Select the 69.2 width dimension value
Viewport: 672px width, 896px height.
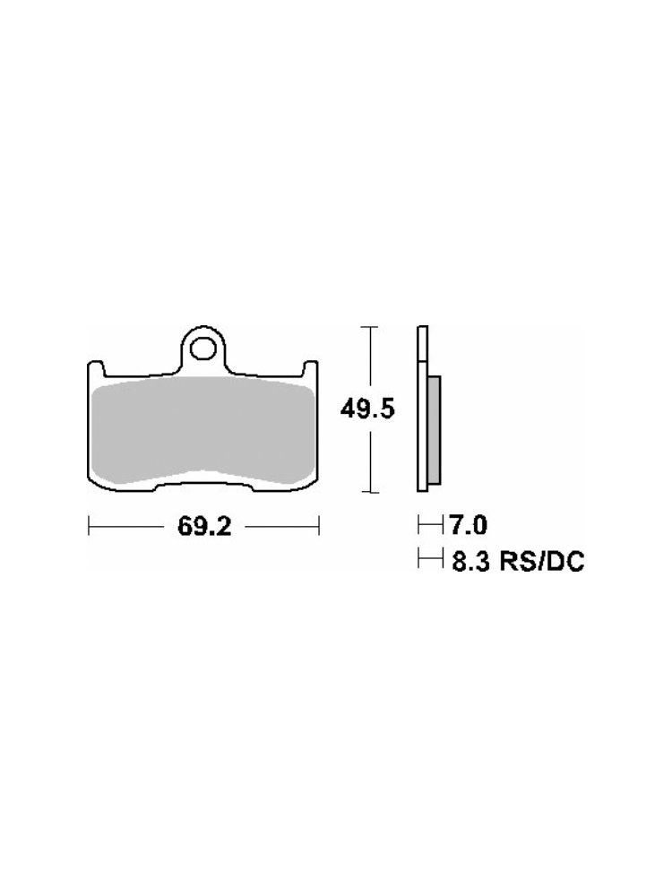204,527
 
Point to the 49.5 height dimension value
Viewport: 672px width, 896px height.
367,409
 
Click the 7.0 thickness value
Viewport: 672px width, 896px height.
469,524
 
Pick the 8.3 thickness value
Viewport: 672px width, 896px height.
471,562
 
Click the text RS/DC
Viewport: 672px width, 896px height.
542,562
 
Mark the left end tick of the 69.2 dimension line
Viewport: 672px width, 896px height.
89,526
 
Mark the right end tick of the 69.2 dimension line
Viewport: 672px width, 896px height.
318,526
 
